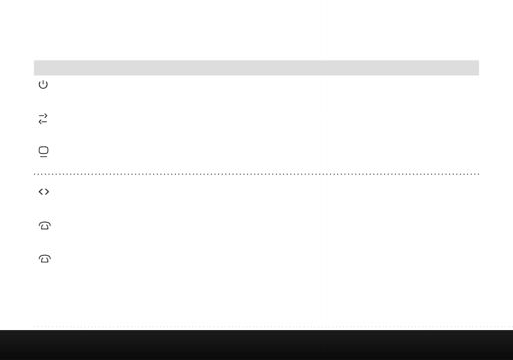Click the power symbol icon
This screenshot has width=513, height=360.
(x=43, y=85)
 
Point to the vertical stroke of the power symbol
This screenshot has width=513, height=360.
(x=43, y=82)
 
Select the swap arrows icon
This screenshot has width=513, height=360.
(x=43, y=119)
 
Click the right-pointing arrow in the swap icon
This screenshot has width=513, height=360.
(x=43, y=116)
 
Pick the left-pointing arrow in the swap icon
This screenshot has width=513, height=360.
(x=43, y=122)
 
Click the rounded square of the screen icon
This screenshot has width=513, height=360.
(x=44, y=150)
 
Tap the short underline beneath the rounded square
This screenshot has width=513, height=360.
(x=44, y=156)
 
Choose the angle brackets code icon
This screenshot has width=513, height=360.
(x=44, y=192)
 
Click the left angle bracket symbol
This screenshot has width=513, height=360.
(x=40, y=192)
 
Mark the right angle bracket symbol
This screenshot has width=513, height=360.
(x=47, y=192)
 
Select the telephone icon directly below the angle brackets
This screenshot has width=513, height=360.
(x=44, y=226)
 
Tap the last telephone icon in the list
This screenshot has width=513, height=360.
(x=44, y=259)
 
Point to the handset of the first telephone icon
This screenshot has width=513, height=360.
(x=44, y=223)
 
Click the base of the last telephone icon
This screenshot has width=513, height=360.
(x=44, y=261)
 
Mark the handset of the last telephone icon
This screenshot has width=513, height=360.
(x=44, y=256)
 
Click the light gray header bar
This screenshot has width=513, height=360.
(x=256, y=68)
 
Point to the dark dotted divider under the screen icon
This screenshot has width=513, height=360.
(x=256, y=174)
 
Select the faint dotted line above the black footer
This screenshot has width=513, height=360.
(x=256, y=326)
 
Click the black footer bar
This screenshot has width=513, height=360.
(x=256, y=345)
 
